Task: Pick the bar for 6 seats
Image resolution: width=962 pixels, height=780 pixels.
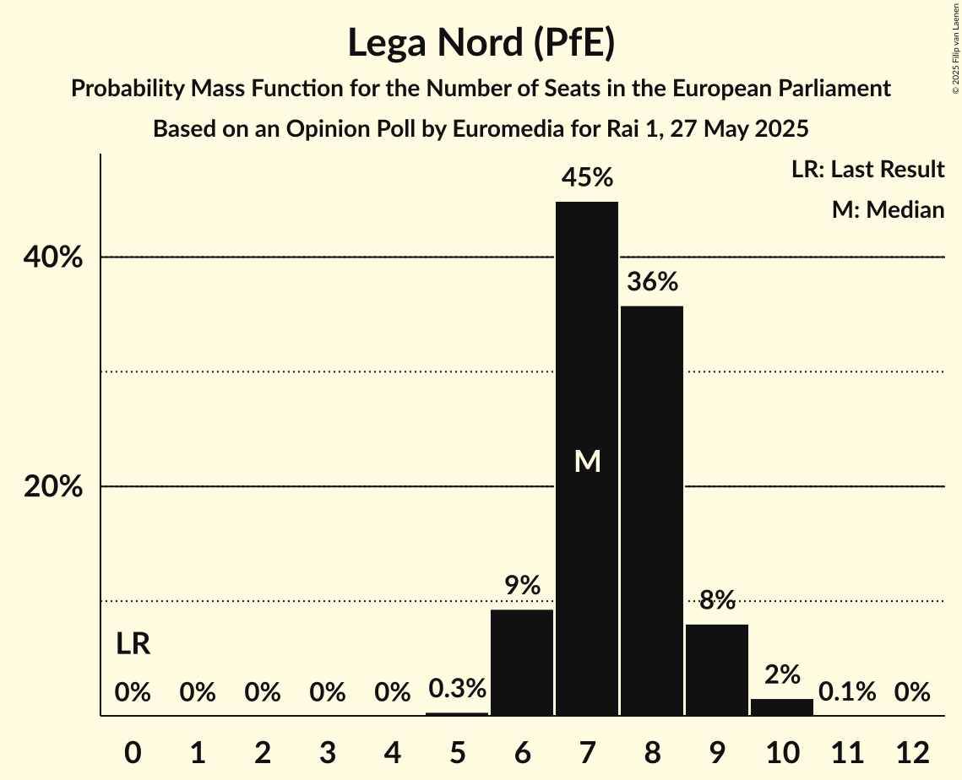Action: point(522,663)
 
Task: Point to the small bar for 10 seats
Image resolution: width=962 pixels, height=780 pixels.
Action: point(782,707)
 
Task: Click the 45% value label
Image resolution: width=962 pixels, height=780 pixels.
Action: point(587,178)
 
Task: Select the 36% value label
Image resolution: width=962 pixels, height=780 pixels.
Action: point(652,282)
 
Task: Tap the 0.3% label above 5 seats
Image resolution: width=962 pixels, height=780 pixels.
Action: point(457,689)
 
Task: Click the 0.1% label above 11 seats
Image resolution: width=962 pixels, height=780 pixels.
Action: point(847,692)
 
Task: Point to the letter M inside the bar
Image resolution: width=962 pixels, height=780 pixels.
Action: point(587,461)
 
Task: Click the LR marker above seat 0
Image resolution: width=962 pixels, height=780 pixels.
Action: point(133,645)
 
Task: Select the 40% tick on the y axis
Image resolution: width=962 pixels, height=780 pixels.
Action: point(52,257)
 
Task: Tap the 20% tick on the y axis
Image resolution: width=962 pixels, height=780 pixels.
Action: point(52,487)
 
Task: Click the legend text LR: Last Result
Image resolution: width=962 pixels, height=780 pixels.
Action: point(867,170)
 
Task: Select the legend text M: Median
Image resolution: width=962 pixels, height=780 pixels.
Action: point(888,209)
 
